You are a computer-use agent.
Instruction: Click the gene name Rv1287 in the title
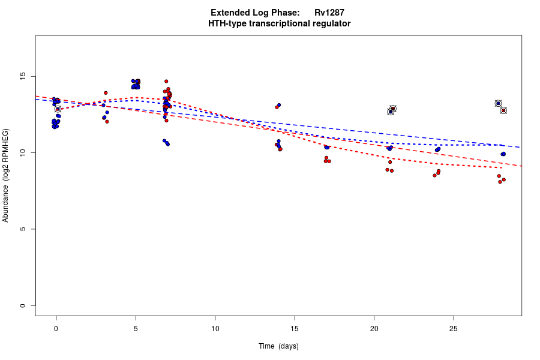coord(329,13)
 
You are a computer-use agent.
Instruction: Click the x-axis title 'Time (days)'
coord(278,346)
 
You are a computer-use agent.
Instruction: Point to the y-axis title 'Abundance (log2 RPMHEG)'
coord(6,175)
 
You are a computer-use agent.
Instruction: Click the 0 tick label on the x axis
coord(56,328)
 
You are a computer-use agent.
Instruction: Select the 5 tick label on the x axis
coord(136,328)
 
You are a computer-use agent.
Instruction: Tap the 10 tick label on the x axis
coord(215,328)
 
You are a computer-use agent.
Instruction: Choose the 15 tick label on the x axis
coord(295,328)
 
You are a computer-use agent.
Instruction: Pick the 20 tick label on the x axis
coord(374,328)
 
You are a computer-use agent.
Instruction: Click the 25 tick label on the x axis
coord(454,328)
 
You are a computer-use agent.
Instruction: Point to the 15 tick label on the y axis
coord(23,76)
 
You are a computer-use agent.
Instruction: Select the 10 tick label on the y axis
coord(23,153)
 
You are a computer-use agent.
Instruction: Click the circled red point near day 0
coord(58,109)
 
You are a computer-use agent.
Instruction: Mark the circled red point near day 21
coord(393,109)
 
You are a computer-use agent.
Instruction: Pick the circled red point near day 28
coord(503,110)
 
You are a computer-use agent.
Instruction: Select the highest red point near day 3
coord(106,93)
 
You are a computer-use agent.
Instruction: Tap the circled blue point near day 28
coord(498,103)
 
